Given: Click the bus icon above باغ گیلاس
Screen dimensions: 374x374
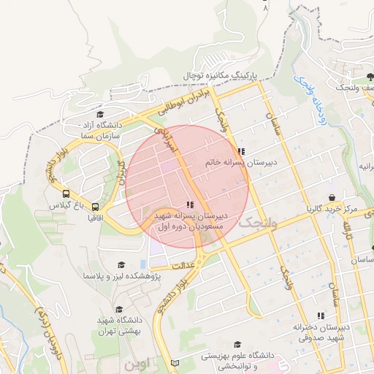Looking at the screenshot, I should pos(66,194).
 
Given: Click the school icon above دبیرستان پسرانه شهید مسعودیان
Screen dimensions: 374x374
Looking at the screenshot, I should pos(191,205).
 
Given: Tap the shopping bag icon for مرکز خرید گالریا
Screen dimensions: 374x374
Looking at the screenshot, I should pos(332,198).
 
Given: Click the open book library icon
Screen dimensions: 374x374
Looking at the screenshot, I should pos(173,363).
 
